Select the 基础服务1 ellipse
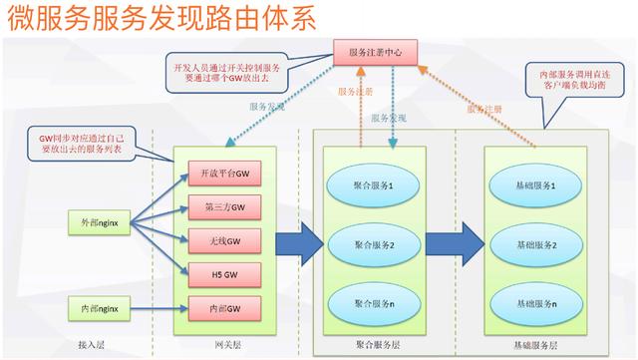click(x=532, y=186)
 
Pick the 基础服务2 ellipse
click(x=532, y=244)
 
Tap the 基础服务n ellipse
click(x=532, y=302)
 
